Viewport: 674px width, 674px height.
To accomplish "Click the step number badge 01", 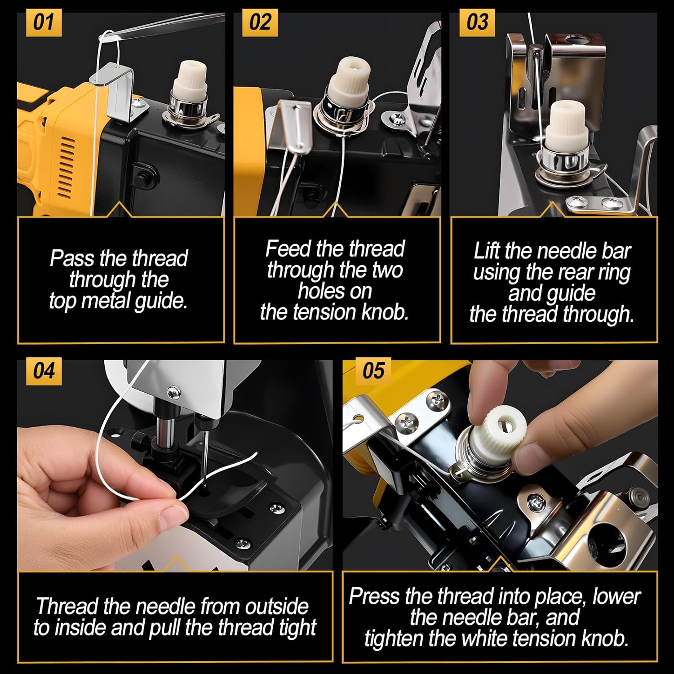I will (x=44, y=22).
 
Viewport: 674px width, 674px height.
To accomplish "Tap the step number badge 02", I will (x=260, y=22).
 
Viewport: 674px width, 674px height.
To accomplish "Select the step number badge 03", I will (x=477, y=22).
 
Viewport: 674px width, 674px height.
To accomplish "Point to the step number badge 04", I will (x=44, y=371).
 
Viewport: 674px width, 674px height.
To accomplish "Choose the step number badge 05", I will (x=373, y=371).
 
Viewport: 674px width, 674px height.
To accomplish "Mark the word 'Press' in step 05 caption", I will (x=374, y=597).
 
